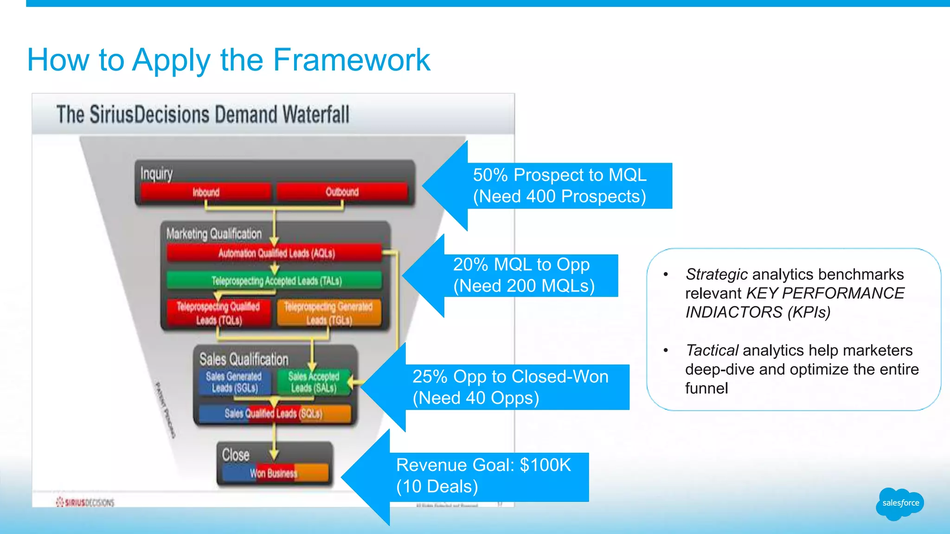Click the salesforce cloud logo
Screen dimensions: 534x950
pyautogui.click(x=899, y=503)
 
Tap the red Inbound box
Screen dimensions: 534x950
pyautogui.click(x=206, y=192)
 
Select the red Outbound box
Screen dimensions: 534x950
pyautogui.click(x=342, y=191)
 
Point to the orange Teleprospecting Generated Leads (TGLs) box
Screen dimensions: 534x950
pyautogui.click(x=329, y=313)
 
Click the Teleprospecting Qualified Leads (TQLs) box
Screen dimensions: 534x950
pyautogui.click(x=218, y=313)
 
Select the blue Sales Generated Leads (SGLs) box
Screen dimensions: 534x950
pyautogui.click(x=234, y=382)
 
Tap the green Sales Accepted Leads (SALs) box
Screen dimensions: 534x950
pyautogui.click(x=314, y=382)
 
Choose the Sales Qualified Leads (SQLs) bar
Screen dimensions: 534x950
pyautogui.click(x=274, y=413)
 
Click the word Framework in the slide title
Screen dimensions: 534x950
pyautogui.click(x=352, y=60)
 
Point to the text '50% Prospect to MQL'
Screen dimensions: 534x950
pyautogui.click(x=559, y=175)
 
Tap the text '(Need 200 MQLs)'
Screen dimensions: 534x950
pyautogui.click(x=524, y=286)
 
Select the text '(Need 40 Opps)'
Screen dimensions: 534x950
pyautogui.click(x=476, y=398)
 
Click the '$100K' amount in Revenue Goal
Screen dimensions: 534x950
pyautogui.click(x=545, y=465)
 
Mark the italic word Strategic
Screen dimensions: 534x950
pyautogui.click(x=716, y=274)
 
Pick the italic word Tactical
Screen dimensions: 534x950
pyautogui.click(x=712, y=350)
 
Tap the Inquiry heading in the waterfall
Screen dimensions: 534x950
pyautogui.click(x=156, y=174)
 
